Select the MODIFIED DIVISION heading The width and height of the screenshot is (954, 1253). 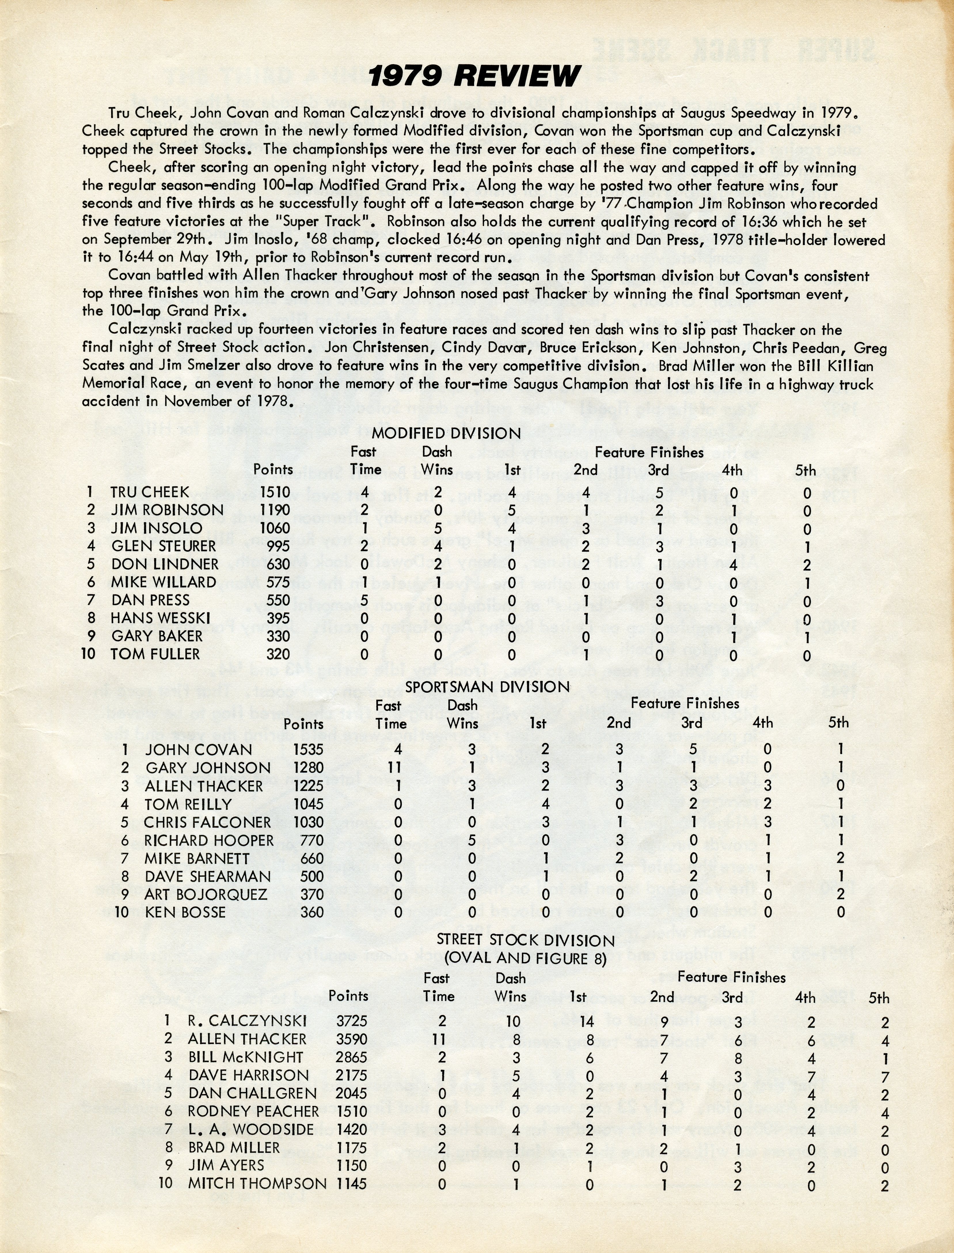[x=446, y=433]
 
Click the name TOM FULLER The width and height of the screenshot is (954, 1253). [x=155, y=654]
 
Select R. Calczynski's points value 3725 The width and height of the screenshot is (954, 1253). [x=351, y=1021]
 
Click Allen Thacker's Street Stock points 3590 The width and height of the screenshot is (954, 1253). [x=351, y=1039]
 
